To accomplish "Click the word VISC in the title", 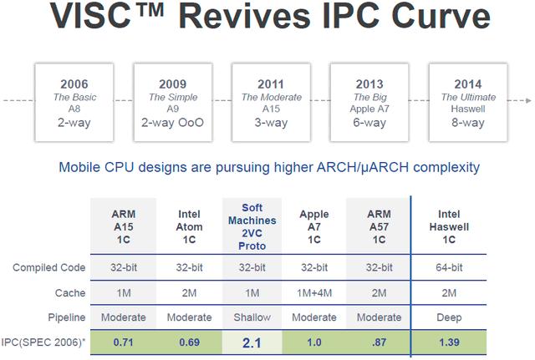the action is pos(91,16).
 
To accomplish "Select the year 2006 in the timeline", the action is pos(74,84).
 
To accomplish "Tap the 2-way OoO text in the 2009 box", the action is pos(173,123).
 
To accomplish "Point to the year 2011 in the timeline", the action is pos(271,84).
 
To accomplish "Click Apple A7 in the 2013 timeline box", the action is pos(369,109).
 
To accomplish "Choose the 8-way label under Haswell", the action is pos(468,123).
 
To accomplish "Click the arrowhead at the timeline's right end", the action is pos(528,100).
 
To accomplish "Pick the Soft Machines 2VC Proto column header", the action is pos(252,226).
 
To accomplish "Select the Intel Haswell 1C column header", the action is pos(449,226).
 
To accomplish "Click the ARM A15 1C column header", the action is pos(124,226).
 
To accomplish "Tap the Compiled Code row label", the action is pos(49,267).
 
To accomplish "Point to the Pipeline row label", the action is pos(67,317).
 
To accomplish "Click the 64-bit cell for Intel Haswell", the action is pos(449,267).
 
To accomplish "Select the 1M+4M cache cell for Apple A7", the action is pos(314,293).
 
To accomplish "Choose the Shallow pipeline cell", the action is pos(252,317).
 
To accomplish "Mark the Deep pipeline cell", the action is pos(449,317).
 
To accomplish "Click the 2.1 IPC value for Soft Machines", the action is pos(252,342).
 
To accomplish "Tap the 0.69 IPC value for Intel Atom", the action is pos(190,342).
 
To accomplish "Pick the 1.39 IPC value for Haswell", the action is pos(449,342).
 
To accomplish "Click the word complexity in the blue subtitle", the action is pos(446,168).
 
